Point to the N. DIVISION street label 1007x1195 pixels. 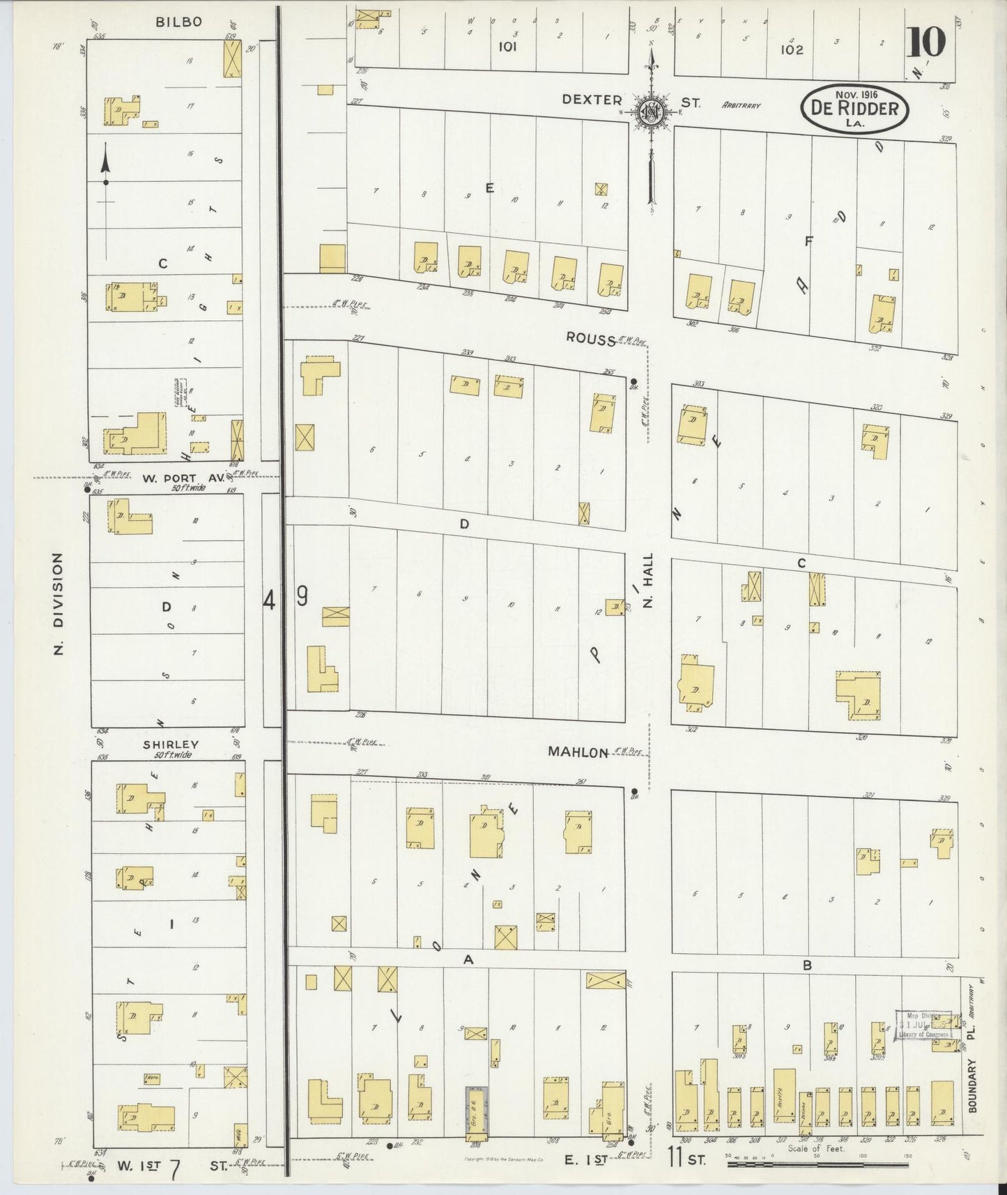[59, 604]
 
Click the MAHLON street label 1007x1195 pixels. [578, 752]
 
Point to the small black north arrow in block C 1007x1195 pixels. [106, 165]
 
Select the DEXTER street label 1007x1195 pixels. [592, 100]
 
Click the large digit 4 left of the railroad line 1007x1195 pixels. [269, 599]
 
